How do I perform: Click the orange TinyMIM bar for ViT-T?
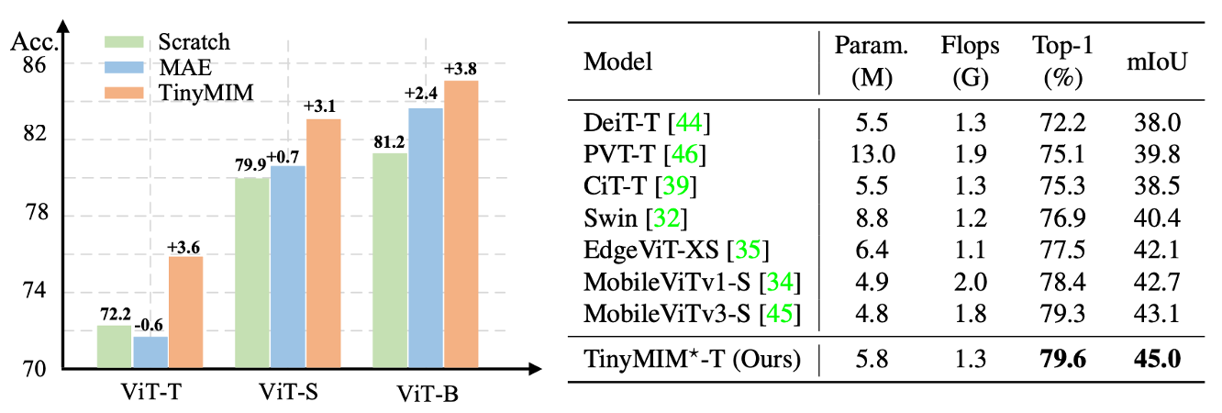point(185,313)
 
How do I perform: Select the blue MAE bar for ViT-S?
point(288,267)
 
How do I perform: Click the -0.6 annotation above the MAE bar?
point(149,324)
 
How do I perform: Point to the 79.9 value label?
point(252,165)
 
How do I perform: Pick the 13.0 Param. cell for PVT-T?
point(865,154)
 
